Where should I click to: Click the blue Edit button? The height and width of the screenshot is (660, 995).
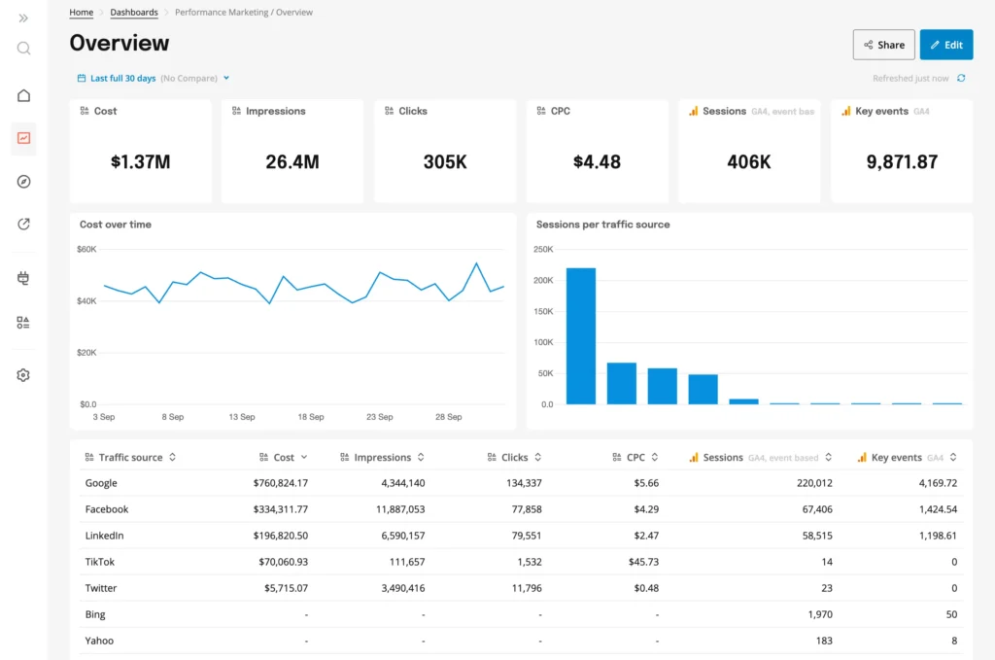(945, 45)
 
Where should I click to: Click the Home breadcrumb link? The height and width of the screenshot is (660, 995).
(82, 13)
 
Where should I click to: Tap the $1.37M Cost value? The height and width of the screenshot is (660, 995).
(140, 162)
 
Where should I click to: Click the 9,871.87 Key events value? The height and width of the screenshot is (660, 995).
(902, 162)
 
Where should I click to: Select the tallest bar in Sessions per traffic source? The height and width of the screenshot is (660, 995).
(580, 335)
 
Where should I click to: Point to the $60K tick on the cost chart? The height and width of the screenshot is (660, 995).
(86, 250)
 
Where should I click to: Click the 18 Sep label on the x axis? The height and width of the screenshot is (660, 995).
(311, 417)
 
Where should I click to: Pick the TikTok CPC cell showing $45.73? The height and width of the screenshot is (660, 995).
(642, 562)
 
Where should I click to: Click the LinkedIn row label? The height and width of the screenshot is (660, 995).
(104, 536)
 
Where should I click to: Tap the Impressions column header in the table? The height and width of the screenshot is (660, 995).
(383, 458)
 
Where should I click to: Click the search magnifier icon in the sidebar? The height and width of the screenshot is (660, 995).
(23, 49)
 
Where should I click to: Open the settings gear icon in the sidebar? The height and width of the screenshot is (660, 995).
(23, 375)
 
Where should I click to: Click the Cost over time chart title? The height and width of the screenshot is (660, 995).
(116, 225)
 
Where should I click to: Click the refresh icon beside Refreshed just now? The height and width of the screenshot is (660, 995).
(961, 79)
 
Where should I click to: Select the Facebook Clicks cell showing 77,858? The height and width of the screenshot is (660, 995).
(522, 509)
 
